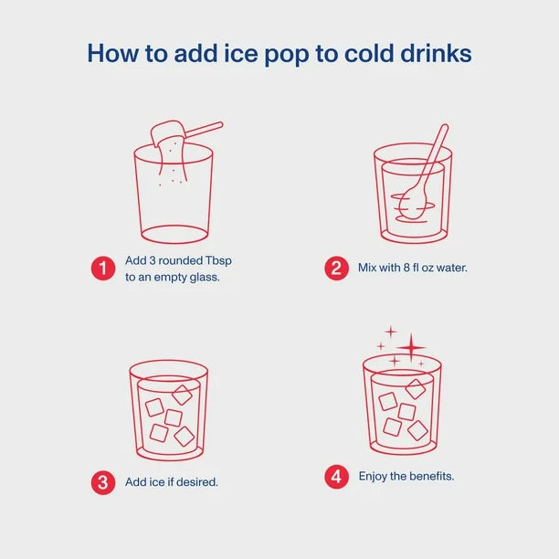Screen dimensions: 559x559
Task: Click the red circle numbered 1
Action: point(103,269)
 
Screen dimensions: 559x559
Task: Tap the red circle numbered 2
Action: point(336,269)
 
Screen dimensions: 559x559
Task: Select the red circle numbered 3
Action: point(103,482)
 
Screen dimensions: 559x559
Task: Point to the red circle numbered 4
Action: point(336,477)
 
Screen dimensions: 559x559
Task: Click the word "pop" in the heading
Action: point(286,54)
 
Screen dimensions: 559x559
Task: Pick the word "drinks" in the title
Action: point(436,53)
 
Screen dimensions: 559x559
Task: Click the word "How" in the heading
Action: point(113,53)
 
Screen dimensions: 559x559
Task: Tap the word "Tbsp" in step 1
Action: point(218,261)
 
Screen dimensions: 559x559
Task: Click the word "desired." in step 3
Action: point(196,482)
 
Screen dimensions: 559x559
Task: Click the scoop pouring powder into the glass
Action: point(167,132)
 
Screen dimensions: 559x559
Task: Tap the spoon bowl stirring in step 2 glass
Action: point(412,203)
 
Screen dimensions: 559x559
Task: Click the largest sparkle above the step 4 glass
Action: point(411,347)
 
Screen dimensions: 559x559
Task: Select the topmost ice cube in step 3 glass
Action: point(182,395)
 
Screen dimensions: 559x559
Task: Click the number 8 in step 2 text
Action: point(406,268)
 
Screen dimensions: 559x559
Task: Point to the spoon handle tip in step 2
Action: point(445,127)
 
